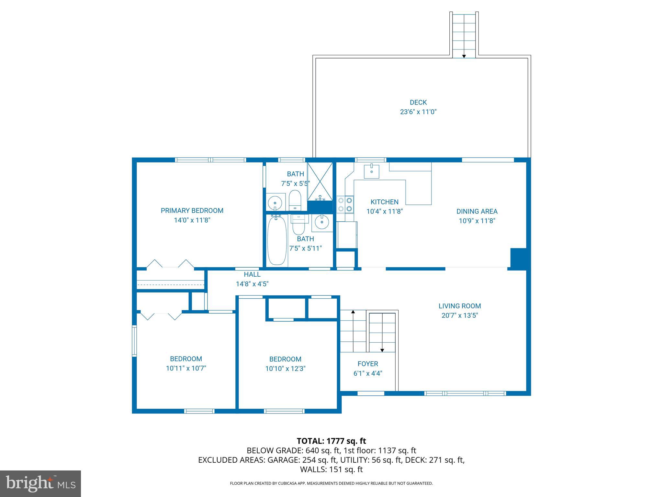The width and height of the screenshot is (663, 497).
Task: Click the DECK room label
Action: (418, 103)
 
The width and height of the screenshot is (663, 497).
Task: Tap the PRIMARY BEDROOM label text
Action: (192, 211)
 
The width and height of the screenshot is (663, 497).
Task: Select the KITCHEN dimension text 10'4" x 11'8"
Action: (384, 212)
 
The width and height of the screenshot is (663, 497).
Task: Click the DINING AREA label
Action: (477, 211)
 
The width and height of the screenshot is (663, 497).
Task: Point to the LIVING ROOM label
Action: (460, 306)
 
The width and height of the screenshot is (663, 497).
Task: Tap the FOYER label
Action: (368, 364)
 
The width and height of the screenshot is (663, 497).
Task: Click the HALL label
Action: (252, 274)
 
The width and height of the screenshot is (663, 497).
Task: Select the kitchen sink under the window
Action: (372, 171)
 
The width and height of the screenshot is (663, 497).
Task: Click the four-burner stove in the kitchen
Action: (345, 204)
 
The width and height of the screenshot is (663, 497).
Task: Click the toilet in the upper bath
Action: (295, 201)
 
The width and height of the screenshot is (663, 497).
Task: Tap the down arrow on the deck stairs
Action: (464, 56)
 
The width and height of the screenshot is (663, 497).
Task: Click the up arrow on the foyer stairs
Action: (353, 312)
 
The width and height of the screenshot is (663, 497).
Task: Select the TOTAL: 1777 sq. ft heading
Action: (331, 441)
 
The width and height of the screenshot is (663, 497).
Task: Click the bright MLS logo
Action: (40, 484)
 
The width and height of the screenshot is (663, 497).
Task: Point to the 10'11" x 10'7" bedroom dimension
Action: (186, 368)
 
